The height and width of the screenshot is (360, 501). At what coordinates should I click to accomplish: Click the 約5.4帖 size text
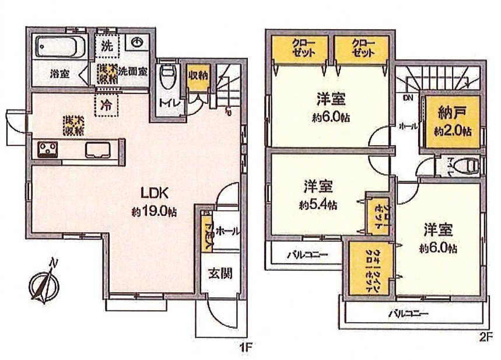click(318, 205)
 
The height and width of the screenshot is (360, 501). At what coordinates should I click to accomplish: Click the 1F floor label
click(246, 348)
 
